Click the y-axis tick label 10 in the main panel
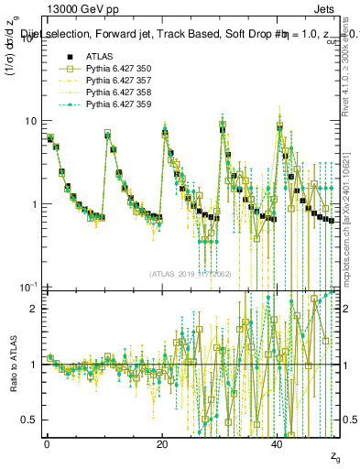point(31,121)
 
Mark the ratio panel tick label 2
point(35,309)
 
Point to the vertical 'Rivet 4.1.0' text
point(349,64)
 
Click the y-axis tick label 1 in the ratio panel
point(35,365)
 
